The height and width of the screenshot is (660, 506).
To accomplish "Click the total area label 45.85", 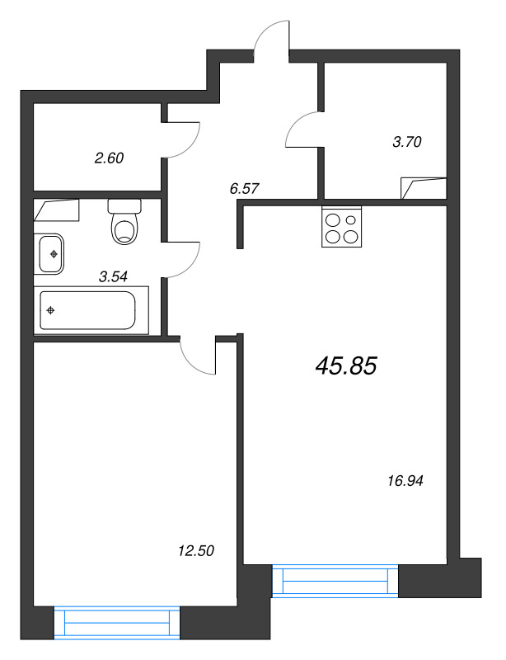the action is (346, 365).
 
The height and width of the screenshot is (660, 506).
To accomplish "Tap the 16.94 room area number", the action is (405, 480).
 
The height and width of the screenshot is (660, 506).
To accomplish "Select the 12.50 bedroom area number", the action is (196, 550).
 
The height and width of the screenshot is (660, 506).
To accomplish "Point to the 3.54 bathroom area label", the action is (113, 276).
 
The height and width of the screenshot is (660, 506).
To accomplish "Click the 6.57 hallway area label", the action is (244, 188).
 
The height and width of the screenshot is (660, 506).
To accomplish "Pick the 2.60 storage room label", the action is (109, 158).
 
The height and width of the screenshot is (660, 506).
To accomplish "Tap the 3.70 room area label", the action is (407, 141).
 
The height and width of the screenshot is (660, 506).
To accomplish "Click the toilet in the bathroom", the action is (124, 222).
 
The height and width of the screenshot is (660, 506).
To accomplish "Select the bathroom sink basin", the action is (51, 254).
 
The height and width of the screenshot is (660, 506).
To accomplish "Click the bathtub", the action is (91, 310).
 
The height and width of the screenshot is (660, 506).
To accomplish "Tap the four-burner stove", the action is (341, 226).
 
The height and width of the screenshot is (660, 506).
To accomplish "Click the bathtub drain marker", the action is (51, 310).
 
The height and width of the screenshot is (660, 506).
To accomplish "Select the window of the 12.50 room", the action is (117, 623).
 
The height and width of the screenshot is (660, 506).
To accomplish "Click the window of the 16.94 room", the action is (335, 581).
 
